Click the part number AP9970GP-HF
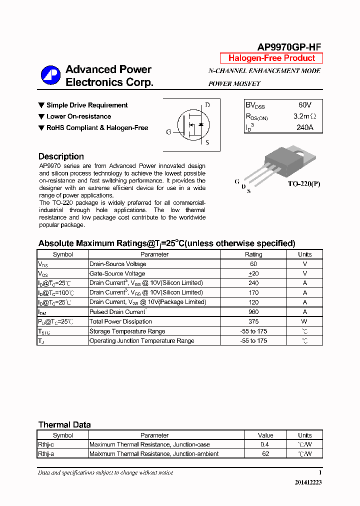[289, 47]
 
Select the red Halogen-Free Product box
[271, 58]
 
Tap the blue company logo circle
[50, 75]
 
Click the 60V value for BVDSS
[304, 105]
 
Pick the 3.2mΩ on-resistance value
[304, 116]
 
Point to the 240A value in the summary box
[304, 127]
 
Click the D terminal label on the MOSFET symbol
[207, 105]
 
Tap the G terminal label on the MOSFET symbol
[168, 132]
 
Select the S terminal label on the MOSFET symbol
[207, 142]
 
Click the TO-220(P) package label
[303, 184]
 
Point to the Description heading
[61, 156]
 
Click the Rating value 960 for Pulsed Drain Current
[253, 312]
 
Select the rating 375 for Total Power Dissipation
[253, 321]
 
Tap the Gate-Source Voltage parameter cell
[117, 273]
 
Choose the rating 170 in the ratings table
[253, 292]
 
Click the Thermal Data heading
[64, 424]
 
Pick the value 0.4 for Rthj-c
[265, 444]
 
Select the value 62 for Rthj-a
[265, 454]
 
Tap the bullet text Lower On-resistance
[78, 116]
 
